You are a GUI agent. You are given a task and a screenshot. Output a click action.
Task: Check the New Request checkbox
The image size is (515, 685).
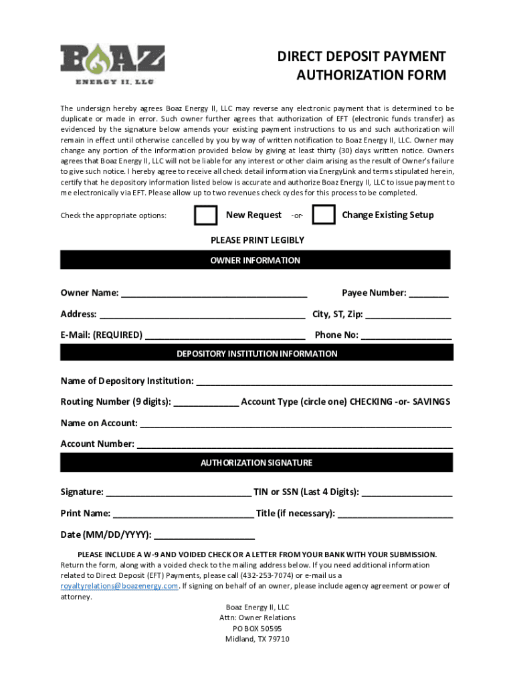[205, 215]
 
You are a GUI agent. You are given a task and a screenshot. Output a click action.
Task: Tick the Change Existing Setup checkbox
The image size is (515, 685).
[324, 215]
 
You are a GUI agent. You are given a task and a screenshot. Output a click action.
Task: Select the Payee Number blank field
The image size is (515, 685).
[429, 294]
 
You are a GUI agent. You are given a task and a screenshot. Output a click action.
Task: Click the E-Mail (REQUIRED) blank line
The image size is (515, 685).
[225, 336]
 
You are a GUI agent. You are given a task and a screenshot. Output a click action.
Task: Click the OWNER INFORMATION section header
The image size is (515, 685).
[255, 260]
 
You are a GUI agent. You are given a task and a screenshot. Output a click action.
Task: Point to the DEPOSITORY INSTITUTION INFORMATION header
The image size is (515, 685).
[257, 353]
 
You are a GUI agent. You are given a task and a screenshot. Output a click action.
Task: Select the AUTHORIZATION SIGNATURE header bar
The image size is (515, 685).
[257, 462]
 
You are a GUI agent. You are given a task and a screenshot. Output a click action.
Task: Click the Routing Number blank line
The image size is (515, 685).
[206, 403]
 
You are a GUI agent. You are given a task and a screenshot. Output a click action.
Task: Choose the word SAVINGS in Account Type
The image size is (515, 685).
[431, 401]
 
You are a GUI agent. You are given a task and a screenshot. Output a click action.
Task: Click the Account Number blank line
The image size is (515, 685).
[294, 445]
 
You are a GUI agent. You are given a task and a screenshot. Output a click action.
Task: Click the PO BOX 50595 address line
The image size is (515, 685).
[257, 629]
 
